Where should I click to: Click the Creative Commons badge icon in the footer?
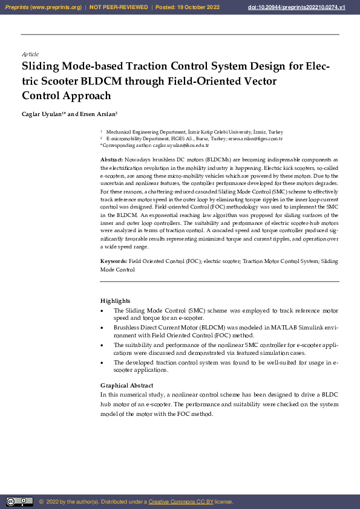(19, 501)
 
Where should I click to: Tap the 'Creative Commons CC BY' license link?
(180, 502)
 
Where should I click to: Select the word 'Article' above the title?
(30, 54)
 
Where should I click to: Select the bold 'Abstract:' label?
(111, 159)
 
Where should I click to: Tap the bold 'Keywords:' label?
(113, 262)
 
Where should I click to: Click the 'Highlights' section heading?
(115, 300)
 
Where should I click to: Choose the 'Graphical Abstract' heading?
(126, 385)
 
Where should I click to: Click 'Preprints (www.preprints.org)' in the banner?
(43, 7)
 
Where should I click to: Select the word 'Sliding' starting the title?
(44, 66)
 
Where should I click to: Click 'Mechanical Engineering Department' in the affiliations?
(145, 132)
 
